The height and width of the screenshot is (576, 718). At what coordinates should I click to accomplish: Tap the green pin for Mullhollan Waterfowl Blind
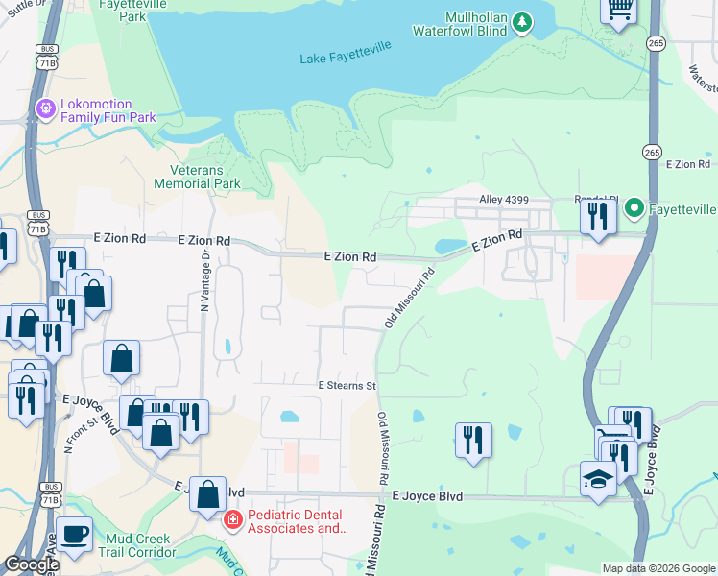[521, 21]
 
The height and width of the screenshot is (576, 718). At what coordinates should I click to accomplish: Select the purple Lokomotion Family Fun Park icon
[44, 109]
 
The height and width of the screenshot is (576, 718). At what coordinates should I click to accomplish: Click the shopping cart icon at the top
[619, 10]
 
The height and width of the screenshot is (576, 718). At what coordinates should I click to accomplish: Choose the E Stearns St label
[347, 385]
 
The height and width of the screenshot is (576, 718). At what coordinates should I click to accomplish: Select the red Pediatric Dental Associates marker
[231, 521]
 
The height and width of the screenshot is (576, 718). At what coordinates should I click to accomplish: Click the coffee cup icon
[74, 534]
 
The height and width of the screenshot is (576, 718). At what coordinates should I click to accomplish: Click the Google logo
[32, 564]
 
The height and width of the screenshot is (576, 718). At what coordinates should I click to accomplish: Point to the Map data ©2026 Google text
[658, 568]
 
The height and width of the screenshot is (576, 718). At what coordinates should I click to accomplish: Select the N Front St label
[81, 435]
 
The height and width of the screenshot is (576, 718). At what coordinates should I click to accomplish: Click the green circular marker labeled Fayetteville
[634, 207]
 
